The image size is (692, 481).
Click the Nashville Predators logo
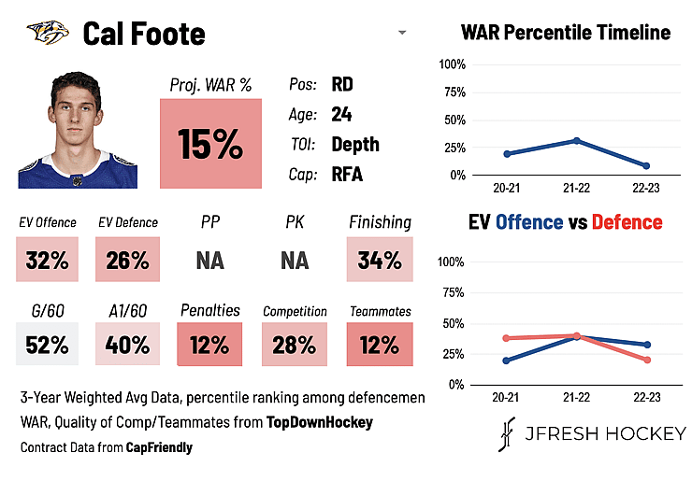click(48, 32)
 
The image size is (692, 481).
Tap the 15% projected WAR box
click(210, 143)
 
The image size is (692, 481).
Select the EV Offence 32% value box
click(47, 260)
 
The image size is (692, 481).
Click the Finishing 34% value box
click(380, 260)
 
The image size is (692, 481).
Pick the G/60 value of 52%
click(47, 344)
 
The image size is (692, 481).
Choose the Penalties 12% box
click(209, 344)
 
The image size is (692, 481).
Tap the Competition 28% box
click(295, 344)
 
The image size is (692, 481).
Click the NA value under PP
click(210, 261)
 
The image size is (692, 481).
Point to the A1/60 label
click(128, 311)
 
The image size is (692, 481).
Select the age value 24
click(341, 114)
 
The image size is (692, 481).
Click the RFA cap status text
click(347, 174)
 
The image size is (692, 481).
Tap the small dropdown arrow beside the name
click(402, 32)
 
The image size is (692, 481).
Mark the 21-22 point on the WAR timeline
click(576, 141)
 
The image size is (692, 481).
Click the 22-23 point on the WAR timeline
click(646, 165)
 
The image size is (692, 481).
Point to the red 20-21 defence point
click(506, 338)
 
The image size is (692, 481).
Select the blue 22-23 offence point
click(647, 345)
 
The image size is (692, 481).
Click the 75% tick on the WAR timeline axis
click(454, 92)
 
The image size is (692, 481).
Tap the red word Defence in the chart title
click(627, 222)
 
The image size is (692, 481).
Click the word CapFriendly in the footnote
click(159, 447)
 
